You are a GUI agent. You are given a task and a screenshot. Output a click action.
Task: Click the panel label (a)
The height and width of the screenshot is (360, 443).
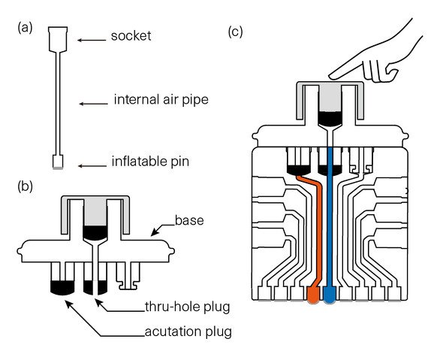25,29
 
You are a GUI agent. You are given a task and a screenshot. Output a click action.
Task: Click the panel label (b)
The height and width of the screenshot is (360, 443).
25,186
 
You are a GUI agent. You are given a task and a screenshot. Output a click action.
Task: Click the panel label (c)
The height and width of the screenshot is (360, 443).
235,32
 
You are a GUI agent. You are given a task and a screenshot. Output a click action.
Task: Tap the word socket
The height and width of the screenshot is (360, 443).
131,36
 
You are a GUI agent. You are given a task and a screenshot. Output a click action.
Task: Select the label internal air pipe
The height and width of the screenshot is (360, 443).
161,99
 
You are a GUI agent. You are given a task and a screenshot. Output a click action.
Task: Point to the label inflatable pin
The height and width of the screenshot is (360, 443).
150,162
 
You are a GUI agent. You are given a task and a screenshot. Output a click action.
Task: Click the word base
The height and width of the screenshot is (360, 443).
189,220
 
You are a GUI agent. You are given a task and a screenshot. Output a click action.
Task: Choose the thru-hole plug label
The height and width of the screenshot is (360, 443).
187,307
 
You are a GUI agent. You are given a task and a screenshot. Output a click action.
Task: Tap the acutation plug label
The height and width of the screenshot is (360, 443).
188,331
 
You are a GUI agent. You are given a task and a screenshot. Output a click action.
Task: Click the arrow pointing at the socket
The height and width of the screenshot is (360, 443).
92,40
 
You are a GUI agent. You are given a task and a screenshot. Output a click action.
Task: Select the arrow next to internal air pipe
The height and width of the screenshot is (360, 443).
93,104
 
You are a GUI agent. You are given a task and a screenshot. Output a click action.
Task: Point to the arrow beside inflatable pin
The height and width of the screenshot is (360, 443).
92,165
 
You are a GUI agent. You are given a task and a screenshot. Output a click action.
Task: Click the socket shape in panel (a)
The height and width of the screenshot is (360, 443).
58,39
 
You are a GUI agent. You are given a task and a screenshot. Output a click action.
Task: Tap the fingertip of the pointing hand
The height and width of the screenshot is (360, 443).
330,77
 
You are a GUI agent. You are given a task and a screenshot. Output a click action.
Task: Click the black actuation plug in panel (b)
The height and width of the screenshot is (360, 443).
62,288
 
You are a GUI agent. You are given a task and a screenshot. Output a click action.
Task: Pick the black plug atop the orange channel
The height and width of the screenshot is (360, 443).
299,170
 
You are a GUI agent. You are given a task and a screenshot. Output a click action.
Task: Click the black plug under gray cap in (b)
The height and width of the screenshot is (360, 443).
95,232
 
